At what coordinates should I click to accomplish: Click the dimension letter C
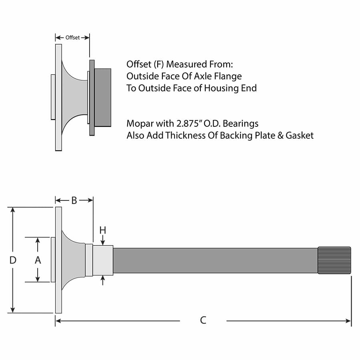tap(203, 320)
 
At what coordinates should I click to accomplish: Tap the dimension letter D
tap(13, 260)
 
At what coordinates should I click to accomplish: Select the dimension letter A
tap(38, 260)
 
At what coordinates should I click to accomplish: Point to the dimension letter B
tap(74, 200)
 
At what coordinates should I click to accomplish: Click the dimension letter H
tap(103, 230)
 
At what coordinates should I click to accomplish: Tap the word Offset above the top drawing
tap(72, 38)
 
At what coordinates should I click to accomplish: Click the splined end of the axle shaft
tap(334, 260)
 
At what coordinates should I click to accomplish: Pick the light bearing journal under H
tap(103, 260)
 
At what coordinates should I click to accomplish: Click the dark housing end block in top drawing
tap(103, 98)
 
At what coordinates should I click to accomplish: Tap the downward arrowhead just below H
tap(103, 242)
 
